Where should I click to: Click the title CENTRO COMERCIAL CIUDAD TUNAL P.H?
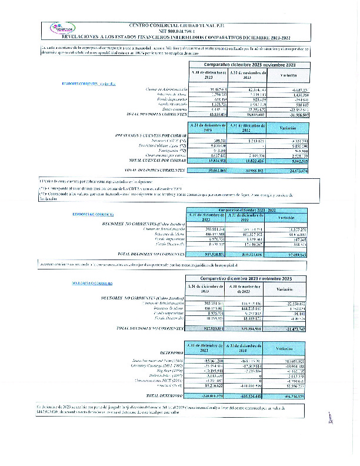click(179, 25)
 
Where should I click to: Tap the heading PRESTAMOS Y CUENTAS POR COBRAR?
click(147, 136)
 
